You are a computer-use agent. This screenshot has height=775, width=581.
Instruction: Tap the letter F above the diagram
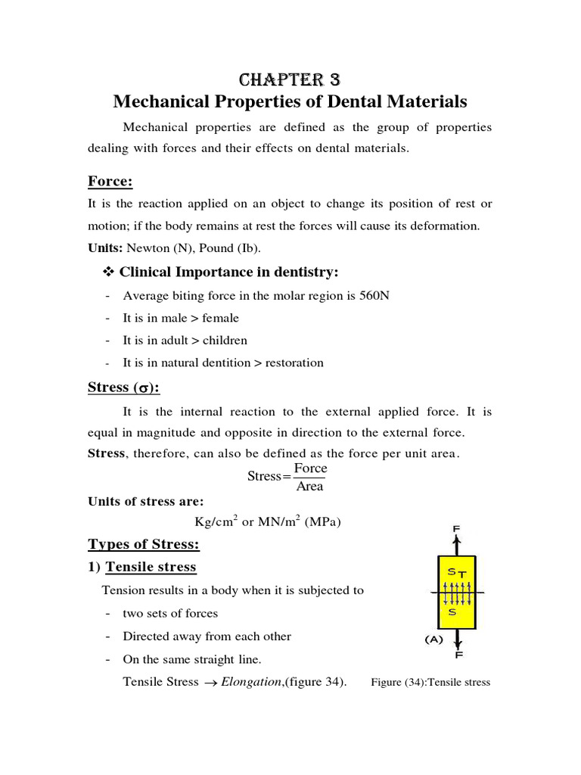[x=457, y=528]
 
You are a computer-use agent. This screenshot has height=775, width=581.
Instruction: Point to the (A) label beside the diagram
[x=433, y=639]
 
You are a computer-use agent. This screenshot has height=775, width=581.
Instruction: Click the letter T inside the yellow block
[x=461, y=575]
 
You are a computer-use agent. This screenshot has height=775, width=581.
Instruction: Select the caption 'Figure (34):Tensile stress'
[x=430, y=682]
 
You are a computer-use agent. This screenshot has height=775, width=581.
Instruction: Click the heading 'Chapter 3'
[x=290, y=80]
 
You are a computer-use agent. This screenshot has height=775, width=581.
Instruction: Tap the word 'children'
[x=225, y=340]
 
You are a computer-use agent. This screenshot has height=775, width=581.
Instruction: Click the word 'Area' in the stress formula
[x=310, y=487]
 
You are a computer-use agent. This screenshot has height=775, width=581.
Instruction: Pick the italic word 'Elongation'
[x=253, y=681]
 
